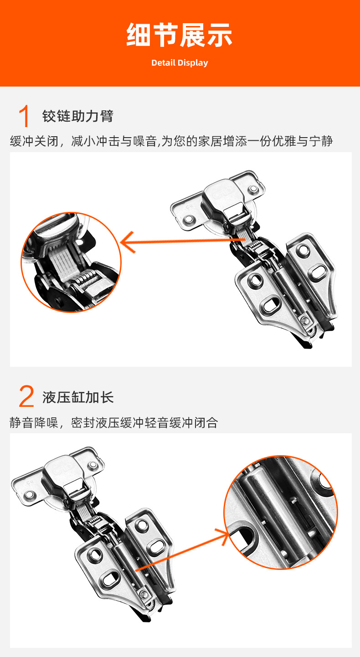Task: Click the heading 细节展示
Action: click(x=180, y=35)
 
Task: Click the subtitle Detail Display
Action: click(x=180, y=63)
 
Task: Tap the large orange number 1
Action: click(x=25, y=116)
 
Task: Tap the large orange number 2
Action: click(x=26, y=397)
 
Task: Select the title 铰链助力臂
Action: click(x=77, y=116)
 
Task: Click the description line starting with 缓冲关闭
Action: click(x=171, y=141)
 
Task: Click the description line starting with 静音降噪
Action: click(x=114, y=423)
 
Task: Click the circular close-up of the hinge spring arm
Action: click(x=72, y=262)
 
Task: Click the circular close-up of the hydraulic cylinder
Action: click(x=281, y=513)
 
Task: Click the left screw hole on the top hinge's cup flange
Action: click(x=187, y=220)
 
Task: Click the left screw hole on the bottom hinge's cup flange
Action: click(x=30, y=494)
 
